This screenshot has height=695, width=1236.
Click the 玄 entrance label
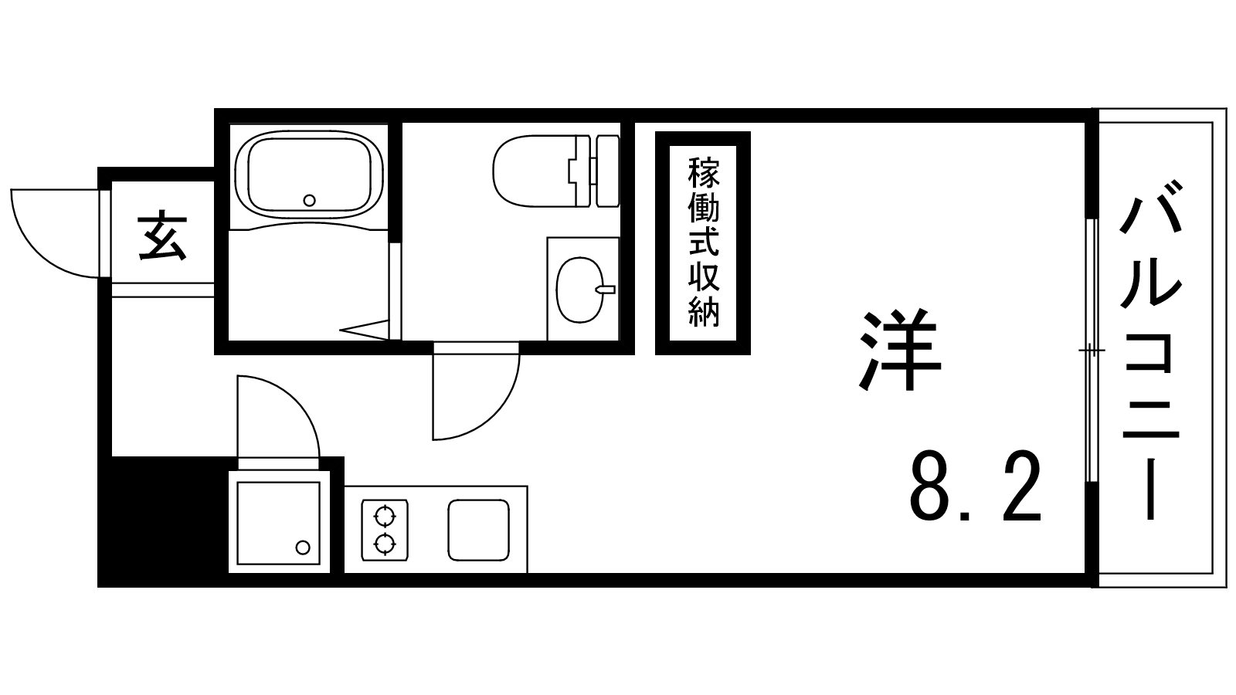pyautogui.click(x=162, y=236)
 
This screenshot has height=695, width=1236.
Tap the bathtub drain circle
pyautogui.click(x=310, y=200)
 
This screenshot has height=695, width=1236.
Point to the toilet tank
pyautogui.click(x=608, y=171)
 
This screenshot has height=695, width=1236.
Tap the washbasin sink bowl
pyautogui.click(x=580, y=290)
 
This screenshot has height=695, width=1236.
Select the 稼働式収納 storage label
pyautogui.click(x=704, y=242)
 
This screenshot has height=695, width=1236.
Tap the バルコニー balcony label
pyautogui.click(x=1151, y=351)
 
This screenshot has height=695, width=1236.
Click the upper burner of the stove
pyautogui.click(x=385, y=517)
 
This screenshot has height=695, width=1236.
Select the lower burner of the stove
pyautogui.click(x=385, y=544)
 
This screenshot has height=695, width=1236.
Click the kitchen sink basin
pyautogui.click(x=478, y=530)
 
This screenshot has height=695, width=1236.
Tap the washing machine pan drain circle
pyautogui.click(x=302, y=548)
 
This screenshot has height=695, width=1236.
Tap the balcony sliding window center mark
pyautogui.click(x=1092, y=351)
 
